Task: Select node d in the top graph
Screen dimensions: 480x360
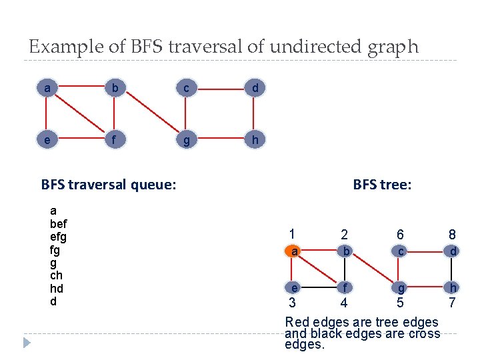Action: point(255,88)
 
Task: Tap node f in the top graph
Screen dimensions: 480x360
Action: point(116,141)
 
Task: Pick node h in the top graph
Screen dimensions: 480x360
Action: point(255,141)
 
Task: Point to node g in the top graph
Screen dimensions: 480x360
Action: point(186,141)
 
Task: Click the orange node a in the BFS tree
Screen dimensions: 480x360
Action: point(293,251)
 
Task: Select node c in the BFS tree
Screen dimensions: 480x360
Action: point(400,251)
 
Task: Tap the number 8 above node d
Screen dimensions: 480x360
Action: point(453,235)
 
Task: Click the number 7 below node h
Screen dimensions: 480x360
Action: point(453,303)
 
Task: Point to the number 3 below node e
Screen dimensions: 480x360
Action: point(292,303)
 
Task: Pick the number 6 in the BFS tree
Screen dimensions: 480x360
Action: point(400,235)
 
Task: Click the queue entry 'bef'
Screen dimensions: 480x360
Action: point(59,223)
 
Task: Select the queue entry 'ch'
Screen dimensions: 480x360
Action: point(56,275)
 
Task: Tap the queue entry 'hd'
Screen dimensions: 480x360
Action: point(56,288)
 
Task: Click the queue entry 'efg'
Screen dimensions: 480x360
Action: point(59,237)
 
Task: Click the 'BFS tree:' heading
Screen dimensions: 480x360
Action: point(382,185)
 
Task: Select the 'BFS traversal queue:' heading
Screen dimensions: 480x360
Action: point(109,183)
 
